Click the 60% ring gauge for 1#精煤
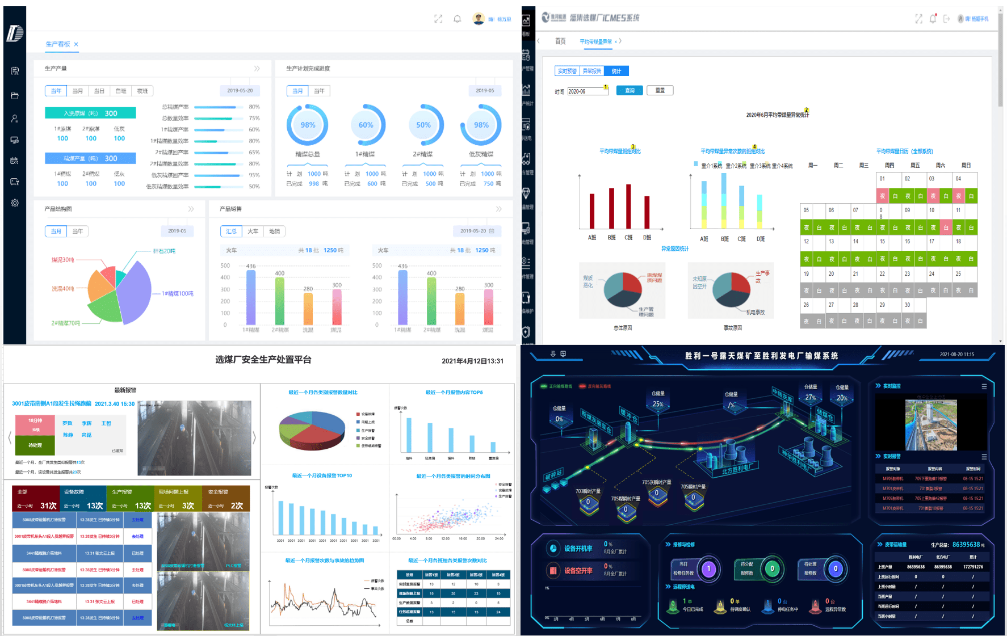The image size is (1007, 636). [x=366, y=125]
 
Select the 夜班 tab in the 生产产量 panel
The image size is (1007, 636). [x=142, y=91]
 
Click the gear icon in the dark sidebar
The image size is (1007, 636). [x=15, y=203]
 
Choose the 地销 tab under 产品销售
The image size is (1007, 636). [x=275, y=231]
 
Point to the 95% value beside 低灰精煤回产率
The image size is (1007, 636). [x=254, y=175]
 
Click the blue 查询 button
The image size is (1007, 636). [x=630, y=91]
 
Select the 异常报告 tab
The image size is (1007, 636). [x=591, y=71]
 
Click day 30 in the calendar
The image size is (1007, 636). [x=907, y=305]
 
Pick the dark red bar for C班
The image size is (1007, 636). [x=628, y=207]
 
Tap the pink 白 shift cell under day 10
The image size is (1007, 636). [x=945, y=228]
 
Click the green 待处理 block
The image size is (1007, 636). [x=35, y=445]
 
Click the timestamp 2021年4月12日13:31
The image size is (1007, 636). [x=472, y=361]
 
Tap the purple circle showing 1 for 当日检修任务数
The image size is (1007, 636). [x=708, y=568]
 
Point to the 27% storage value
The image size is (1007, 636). [x=810, y=398]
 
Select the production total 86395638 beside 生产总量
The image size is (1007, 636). [x=966, y=545]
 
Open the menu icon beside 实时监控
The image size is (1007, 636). [x=984, y=386]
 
